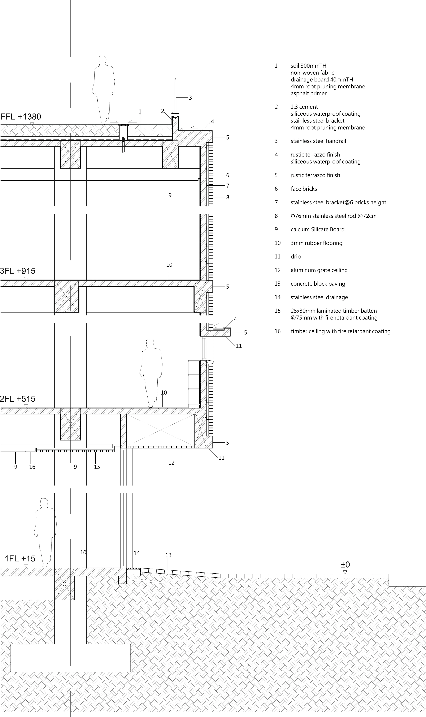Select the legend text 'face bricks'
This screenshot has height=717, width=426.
tap(304, 189)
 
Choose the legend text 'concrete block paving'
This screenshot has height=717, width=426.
tap(318, 284)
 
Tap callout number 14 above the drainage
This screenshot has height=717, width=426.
tap(137, 553)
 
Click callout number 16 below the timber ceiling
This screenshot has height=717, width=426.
tap(32, 467)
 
